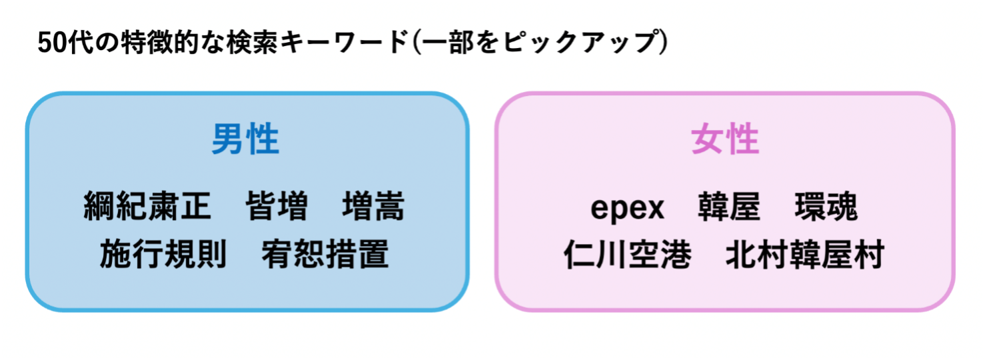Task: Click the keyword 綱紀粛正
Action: click(x=147, y=207)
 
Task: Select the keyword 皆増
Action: click(x=277, y=207)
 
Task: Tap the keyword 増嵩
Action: click(x=373, y=207)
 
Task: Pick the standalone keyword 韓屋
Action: click(x=729, y=207)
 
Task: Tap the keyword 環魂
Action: click(x=826, y=207)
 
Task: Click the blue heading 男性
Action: click(x=245, y=141)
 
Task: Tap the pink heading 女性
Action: click(x=725, y=141)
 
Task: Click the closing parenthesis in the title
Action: click(x=662, y=43)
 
